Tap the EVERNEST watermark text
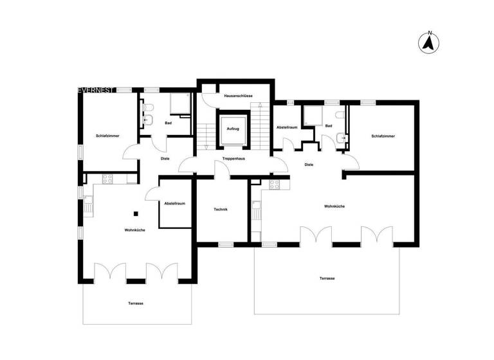point(96,90)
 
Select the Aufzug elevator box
point(232,129)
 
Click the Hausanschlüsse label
point(238,96)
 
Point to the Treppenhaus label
point(232,158)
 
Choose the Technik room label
point(221,210)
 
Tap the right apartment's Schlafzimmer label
point(383,136)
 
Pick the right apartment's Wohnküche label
point(335,206)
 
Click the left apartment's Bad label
point(169,123)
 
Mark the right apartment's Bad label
point(329,126)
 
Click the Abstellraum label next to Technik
point(175,203)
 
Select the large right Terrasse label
point(327,278)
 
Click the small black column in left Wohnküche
point(136,214)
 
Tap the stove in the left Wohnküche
point(107,179)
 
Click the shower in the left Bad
point(178,104)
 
